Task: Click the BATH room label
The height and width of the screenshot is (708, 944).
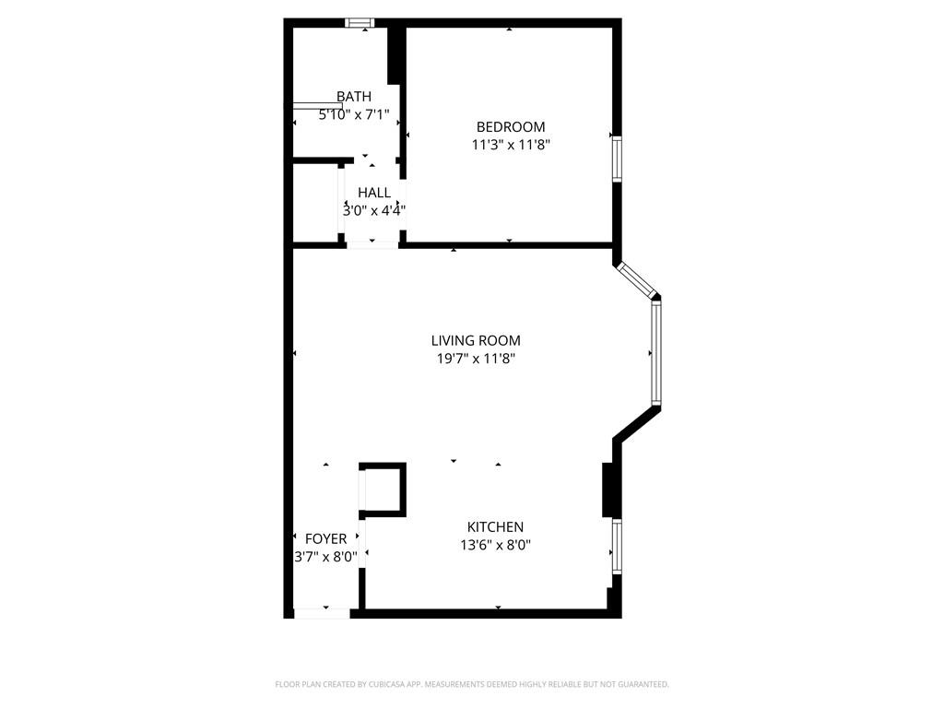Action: click(x=354, y=96)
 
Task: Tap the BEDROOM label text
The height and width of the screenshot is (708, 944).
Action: click(x=510, y=127)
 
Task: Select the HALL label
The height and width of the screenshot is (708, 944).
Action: click(x=373, y=193)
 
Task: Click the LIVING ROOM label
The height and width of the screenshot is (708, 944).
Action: click(x=476, y=341)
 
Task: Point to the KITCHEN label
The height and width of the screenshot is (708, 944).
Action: click(x=495, y=527)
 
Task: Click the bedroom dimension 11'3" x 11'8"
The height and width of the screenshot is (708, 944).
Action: click(x=511, y=145)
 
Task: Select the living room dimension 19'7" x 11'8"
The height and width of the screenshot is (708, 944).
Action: click(x=476, y=359)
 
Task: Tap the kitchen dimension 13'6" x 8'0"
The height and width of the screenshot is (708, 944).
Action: click(x=495, y=545)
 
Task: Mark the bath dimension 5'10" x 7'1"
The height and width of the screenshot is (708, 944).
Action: click(x=354, y=115)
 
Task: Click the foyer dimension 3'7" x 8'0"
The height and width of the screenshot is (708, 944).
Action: click(x=325, y=557)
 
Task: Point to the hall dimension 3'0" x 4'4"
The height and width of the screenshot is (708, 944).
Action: click(x=373, y=210)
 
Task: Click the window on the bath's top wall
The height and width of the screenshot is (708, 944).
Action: click(x=360, y=23)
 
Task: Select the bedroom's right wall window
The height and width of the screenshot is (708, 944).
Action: click(x=617, y=159)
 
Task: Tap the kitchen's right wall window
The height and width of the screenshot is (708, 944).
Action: click(x=617, y=547)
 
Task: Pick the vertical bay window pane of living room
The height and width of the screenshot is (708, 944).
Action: click(x=656, y=354)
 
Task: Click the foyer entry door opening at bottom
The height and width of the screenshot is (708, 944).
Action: click(x=322, y=613)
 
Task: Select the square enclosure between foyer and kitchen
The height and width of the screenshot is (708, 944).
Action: click(x=383, y=489)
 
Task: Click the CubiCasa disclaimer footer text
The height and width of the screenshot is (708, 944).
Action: click(x=472, y=684)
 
